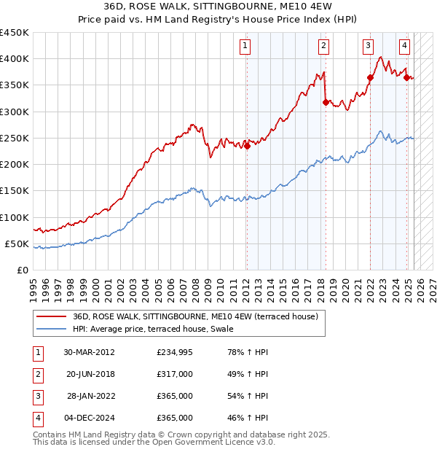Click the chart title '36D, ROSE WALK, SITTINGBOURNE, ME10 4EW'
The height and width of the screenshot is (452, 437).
coord(218,7)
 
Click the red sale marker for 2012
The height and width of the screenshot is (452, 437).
coord(247,146)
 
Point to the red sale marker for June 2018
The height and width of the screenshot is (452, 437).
coord(325,102)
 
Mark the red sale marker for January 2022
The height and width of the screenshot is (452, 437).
coord(370,77)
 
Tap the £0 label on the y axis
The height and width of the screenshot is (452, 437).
coord(23,270)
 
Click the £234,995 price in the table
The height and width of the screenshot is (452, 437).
coord(175,353)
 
